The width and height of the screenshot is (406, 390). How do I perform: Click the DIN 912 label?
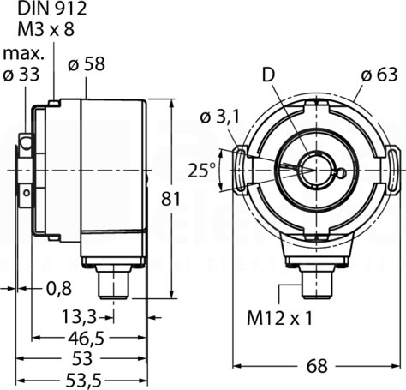coord(52,9)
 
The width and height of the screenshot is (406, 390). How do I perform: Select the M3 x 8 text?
coord(46,29)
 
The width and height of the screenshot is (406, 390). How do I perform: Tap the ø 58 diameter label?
coord(87,64)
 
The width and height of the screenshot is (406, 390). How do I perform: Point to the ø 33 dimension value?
coord(21,75)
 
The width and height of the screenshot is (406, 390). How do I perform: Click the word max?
coord(23,54)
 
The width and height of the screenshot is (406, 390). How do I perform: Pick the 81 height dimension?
coord(170,199)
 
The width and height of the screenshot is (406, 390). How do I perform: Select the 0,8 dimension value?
coord(59,289)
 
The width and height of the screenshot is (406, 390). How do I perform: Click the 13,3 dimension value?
coord(79,317)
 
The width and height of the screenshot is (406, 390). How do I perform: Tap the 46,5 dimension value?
coord(86,339)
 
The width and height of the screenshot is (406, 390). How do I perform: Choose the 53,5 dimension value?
coord(84,381)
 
